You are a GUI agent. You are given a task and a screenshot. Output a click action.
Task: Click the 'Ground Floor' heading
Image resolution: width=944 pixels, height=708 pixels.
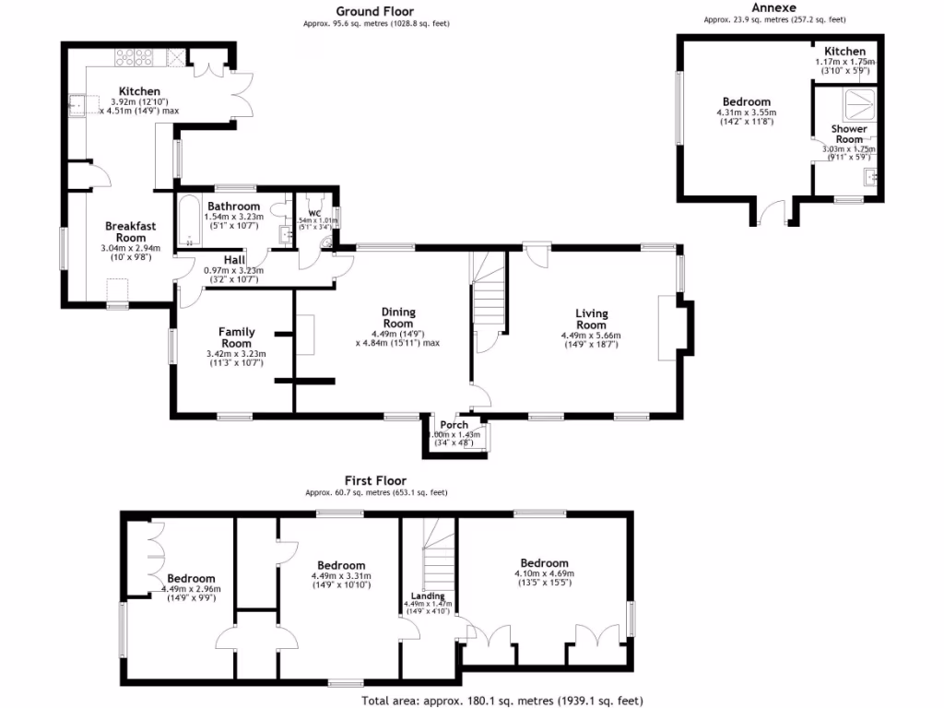tap(374, 11)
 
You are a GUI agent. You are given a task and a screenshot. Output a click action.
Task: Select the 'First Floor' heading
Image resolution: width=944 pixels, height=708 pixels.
tap(375, 480)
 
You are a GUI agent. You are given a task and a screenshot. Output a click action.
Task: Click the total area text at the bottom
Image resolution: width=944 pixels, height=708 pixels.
tap(501, 701)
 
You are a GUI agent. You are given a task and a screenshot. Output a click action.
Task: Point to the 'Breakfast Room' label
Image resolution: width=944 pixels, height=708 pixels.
tap(131, 231)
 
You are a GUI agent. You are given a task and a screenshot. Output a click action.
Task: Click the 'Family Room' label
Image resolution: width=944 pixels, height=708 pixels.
tap(236, 337)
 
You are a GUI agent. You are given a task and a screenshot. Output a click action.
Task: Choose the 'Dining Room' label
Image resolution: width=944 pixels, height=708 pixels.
tap(398, 318)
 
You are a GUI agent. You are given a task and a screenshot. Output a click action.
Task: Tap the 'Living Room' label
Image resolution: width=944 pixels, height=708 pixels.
tap(591, 319)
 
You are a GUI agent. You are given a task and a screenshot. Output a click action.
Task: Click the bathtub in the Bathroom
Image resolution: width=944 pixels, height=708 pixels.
tap(188, 221)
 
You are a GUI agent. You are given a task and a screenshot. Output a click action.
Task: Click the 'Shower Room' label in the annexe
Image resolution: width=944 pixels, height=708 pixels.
tap(849, 134)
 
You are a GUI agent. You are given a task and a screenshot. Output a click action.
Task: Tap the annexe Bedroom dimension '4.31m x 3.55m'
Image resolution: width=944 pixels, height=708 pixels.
tap(747, 112)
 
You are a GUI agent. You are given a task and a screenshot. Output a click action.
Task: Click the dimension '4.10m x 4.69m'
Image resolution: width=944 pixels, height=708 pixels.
tap(543, 573)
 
